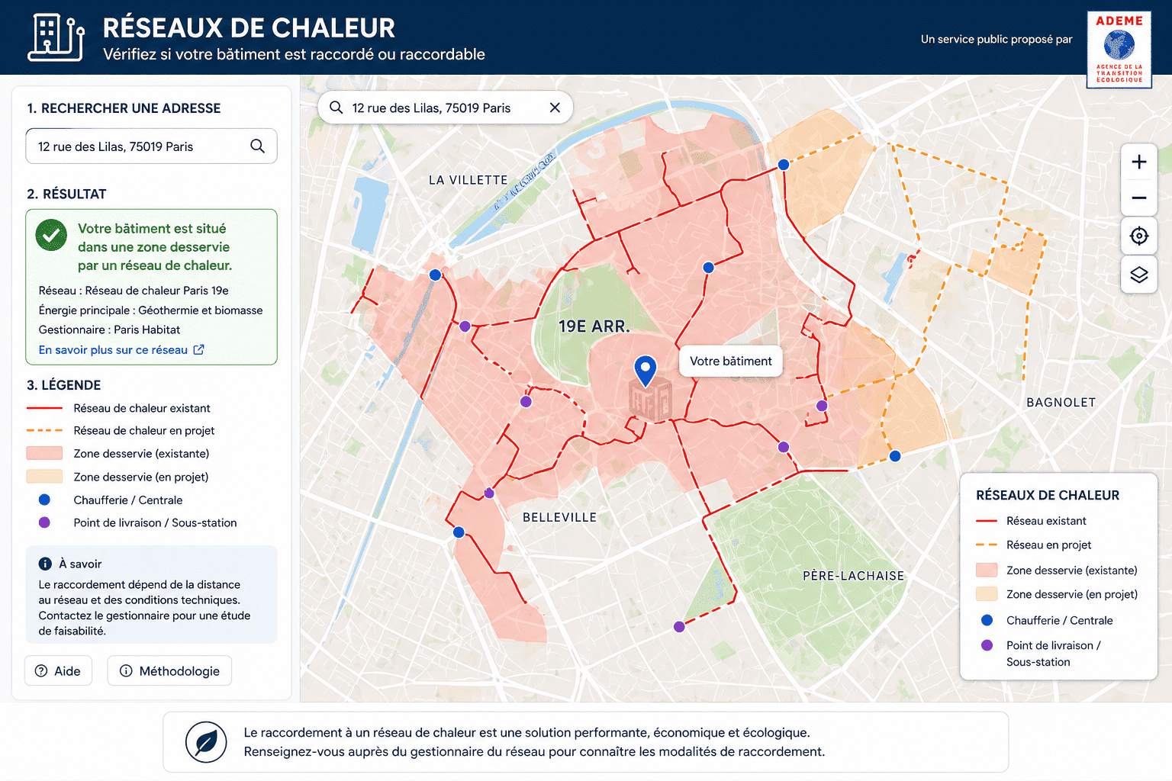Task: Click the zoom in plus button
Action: pos(1138,162)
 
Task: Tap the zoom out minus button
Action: pos(1138,198)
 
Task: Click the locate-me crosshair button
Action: pos(1138,236)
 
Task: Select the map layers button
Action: pos(1138,275)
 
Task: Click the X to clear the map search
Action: pos(555,108)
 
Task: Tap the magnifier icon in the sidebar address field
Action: pos(257,146)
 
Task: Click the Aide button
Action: pos(58,670)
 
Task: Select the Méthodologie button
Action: pos(169,670)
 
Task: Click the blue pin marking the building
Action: pos(646,370)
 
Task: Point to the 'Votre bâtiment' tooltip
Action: pos(730,361)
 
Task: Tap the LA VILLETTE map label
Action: pos(468,180)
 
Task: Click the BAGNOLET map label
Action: pos(1061,402)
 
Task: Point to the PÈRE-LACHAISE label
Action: pos(853,576)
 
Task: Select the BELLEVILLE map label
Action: pos(559,517)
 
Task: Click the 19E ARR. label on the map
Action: pos(594,326)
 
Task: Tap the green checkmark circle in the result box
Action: pos(51,236)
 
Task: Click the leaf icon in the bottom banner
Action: pos(206,742)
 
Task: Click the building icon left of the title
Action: pos(56,37)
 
